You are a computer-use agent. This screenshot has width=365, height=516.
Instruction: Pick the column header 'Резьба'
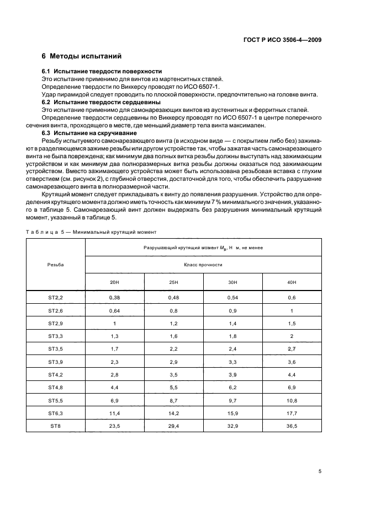click(55, 264)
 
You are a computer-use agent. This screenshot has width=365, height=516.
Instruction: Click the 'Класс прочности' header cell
click(203, 265)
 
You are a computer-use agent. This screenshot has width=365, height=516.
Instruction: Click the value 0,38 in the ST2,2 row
click(114, 297)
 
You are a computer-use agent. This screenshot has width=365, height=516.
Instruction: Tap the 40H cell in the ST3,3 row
click(292, 335)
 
